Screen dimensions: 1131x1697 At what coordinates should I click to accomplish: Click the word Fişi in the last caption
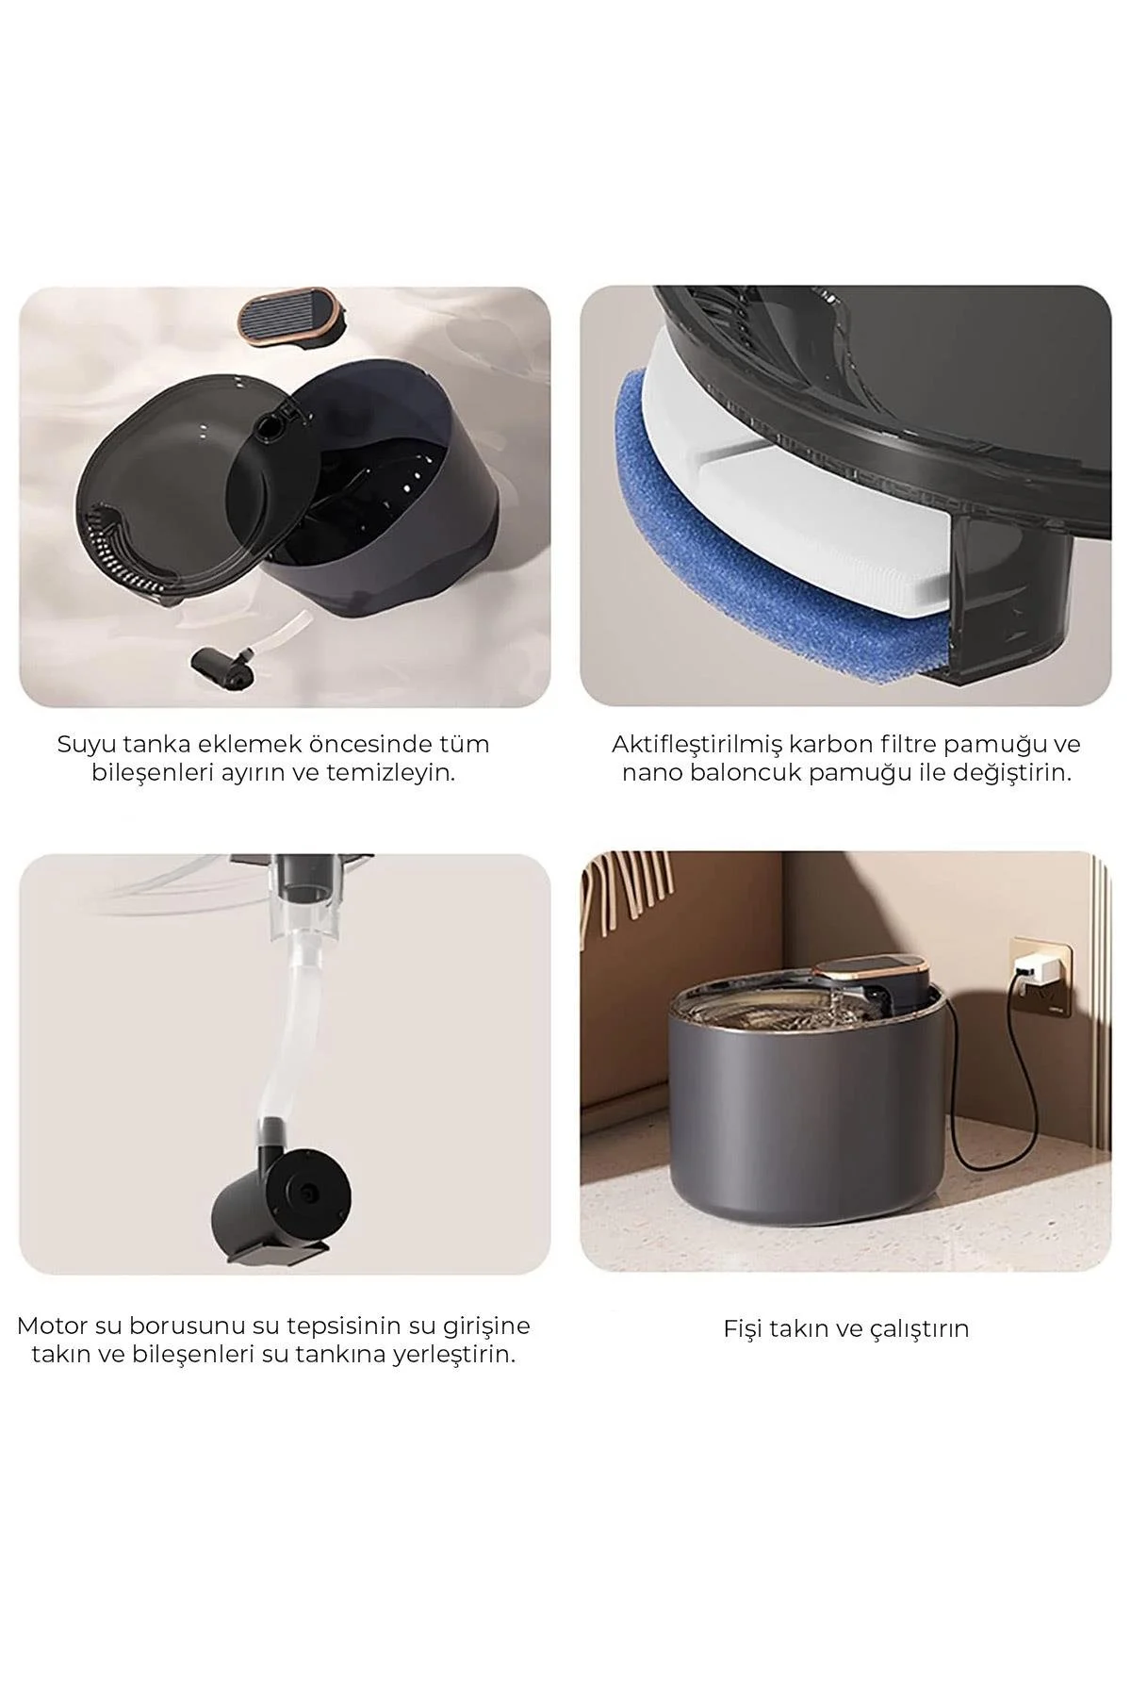(746, 1329)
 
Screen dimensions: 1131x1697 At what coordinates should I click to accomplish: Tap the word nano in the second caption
(650, 774)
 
